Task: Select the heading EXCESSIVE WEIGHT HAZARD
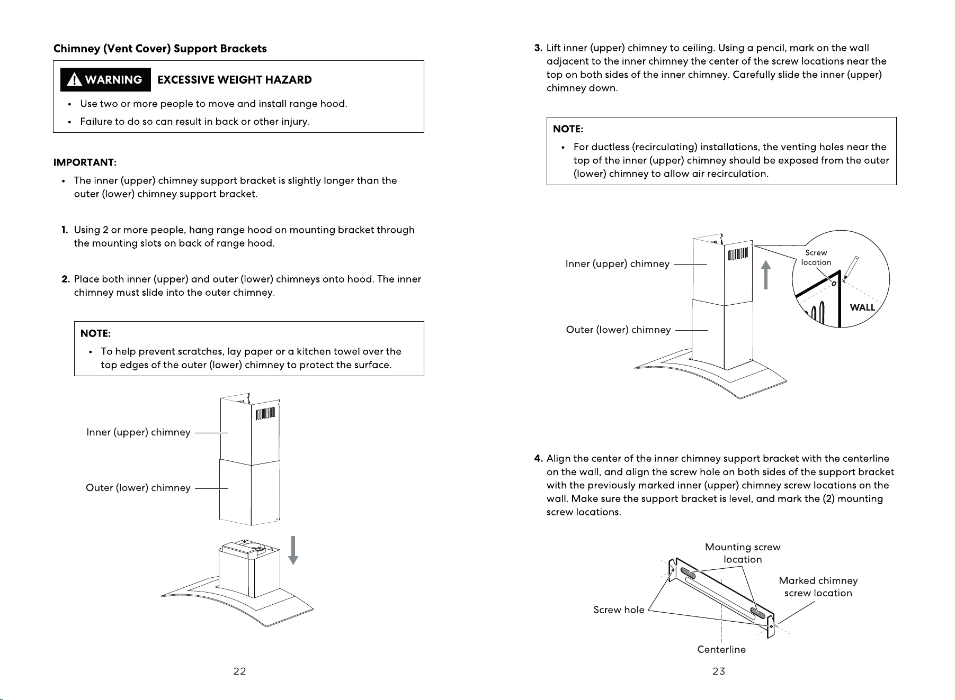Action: pyautogui.click(x=235, y=80)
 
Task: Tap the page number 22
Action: pyautogui.click(x=239, y=671)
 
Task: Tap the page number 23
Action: pyautogui.click(x=719, y=671)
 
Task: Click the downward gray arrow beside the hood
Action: pyautogui.click(x=293, y=550)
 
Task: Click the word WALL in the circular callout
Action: pyautogui.click(x=862, y=307)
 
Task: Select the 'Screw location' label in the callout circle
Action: pyautogui.click(x=816, y=258)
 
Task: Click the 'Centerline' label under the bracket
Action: pyautogui.click(x=721, y=649)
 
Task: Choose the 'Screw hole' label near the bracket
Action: pyautogui.click(x=619, y=610)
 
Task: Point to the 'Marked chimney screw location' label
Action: pyautogui.click(x=818, y=587)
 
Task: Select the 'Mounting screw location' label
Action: pyautogui.click(x=743, y=553)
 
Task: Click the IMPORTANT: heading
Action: pyautogui.click(x=85, y=162)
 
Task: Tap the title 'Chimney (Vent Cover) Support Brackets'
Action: pyautogui.click(x=160, y=49)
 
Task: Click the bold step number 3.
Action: pyautogui.click(x=538, y=48)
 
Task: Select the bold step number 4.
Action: pyautogui.click(x=538, y=458)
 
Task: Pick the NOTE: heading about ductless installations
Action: pyautogui.click(x=568, y=129)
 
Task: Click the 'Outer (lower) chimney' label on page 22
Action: pyautogui.click(x=138, y=488)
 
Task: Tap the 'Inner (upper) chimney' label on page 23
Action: pyautogui.click(x=618, y=264)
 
